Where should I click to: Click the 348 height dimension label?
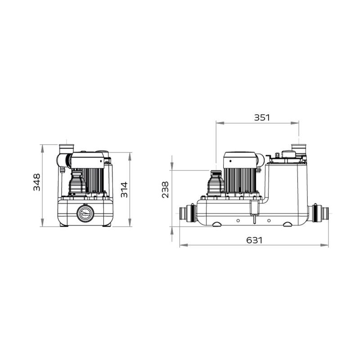(x=37, y=182)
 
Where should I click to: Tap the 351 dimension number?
(x=262, y=117)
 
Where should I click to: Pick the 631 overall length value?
(x=254, y=240)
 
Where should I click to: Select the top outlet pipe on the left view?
(x=67, y=147)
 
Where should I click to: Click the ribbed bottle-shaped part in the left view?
(x=76, y=184)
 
